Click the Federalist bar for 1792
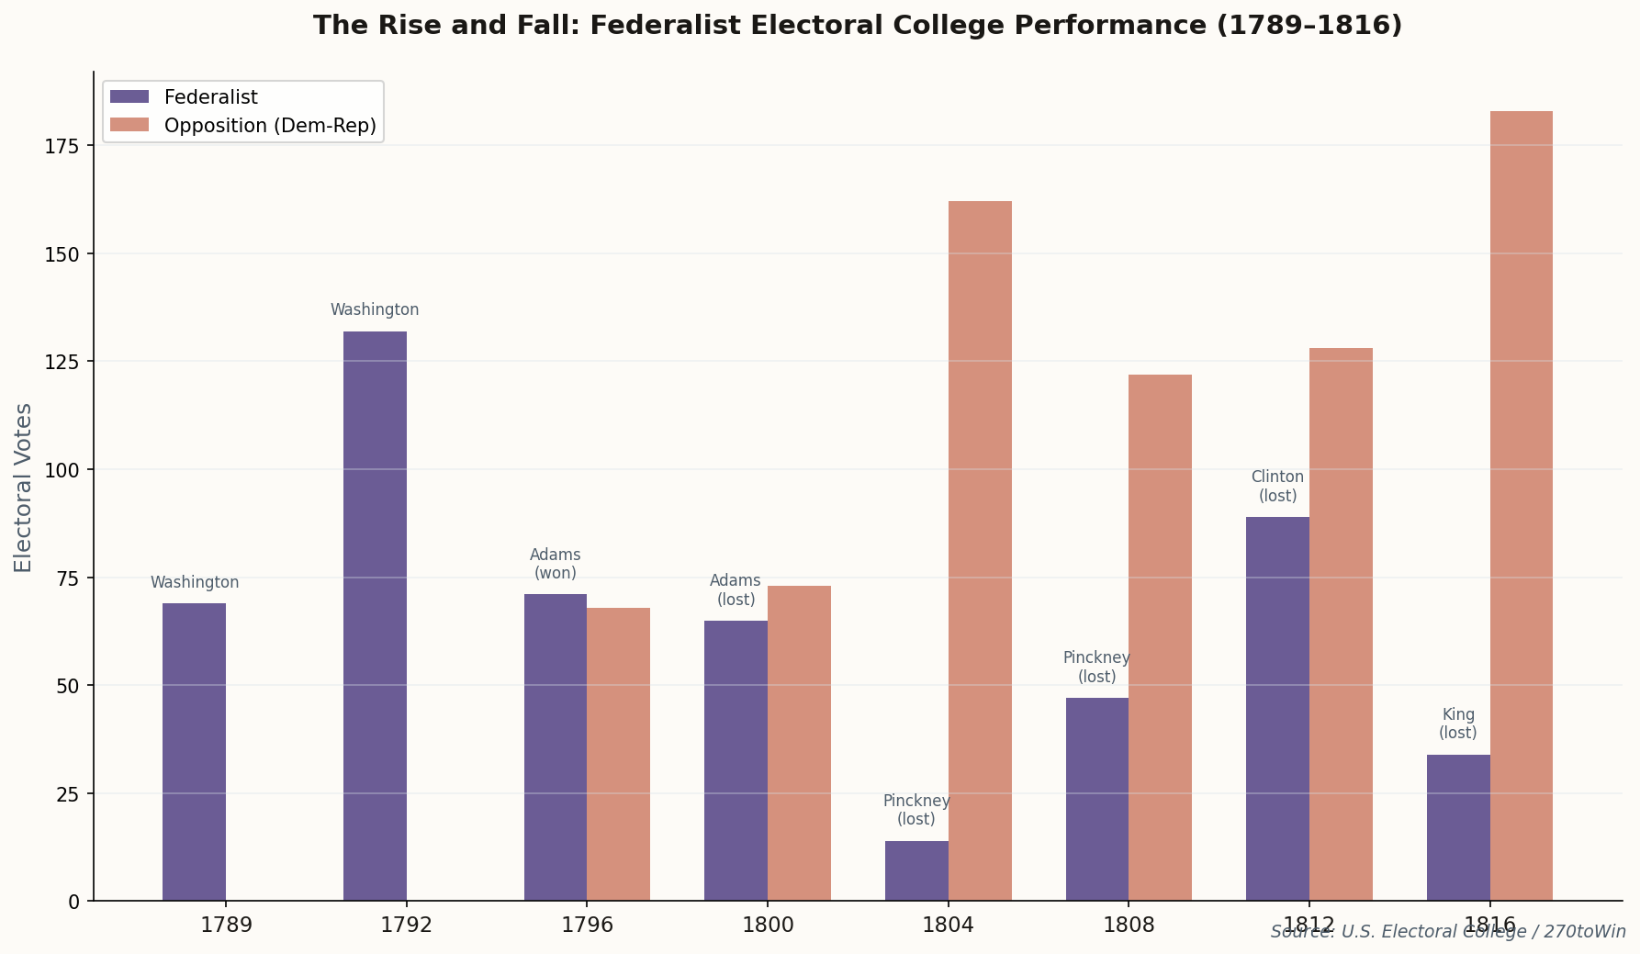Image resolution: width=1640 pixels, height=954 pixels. tap(375, 615)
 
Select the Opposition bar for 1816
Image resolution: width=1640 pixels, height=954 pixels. tap(1521, 506)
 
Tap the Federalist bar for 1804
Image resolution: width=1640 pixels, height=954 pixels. tap(916, 870)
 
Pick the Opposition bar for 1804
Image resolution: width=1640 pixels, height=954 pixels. tap(980, 551)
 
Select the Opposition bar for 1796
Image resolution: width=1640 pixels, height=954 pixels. tap(618, 754)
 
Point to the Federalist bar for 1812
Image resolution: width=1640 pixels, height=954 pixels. tap(1277, 708)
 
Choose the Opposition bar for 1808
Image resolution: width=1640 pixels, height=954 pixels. tap(1160, 637)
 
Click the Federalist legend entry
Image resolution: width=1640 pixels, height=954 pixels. tap(210, 97)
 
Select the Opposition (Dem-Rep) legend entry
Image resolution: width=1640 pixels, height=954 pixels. tap(269, 126)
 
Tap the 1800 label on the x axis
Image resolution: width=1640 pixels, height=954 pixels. tap(768, 925)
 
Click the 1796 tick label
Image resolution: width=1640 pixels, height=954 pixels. tap(587, 925)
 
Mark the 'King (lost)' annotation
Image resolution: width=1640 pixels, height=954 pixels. tap(1457, 724)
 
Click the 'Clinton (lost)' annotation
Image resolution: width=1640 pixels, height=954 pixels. tap(1277, 487)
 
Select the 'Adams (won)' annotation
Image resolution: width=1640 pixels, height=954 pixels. tap(555, 564)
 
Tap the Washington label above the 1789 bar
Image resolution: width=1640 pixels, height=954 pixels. tap(195, 583)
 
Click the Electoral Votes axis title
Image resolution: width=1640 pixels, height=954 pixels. tap(24, 487)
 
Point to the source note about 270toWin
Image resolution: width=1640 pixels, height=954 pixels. tap(1447, 932)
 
